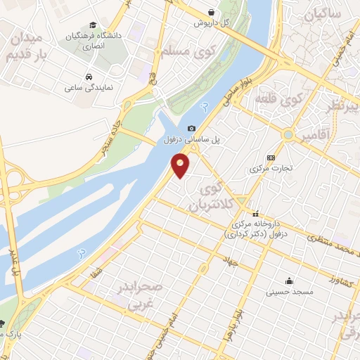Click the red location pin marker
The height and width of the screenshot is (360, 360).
[181, 166]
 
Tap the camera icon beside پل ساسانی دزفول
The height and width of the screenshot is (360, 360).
[191, 128]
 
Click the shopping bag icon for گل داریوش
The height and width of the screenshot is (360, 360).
[212, 11]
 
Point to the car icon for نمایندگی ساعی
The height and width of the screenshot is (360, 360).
[89, 76]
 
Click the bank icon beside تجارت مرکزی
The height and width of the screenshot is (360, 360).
[271, 157]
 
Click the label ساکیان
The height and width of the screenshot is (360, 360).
[323, 13]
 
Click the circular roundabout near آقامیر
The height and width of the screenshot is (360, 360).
[288, 134]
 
